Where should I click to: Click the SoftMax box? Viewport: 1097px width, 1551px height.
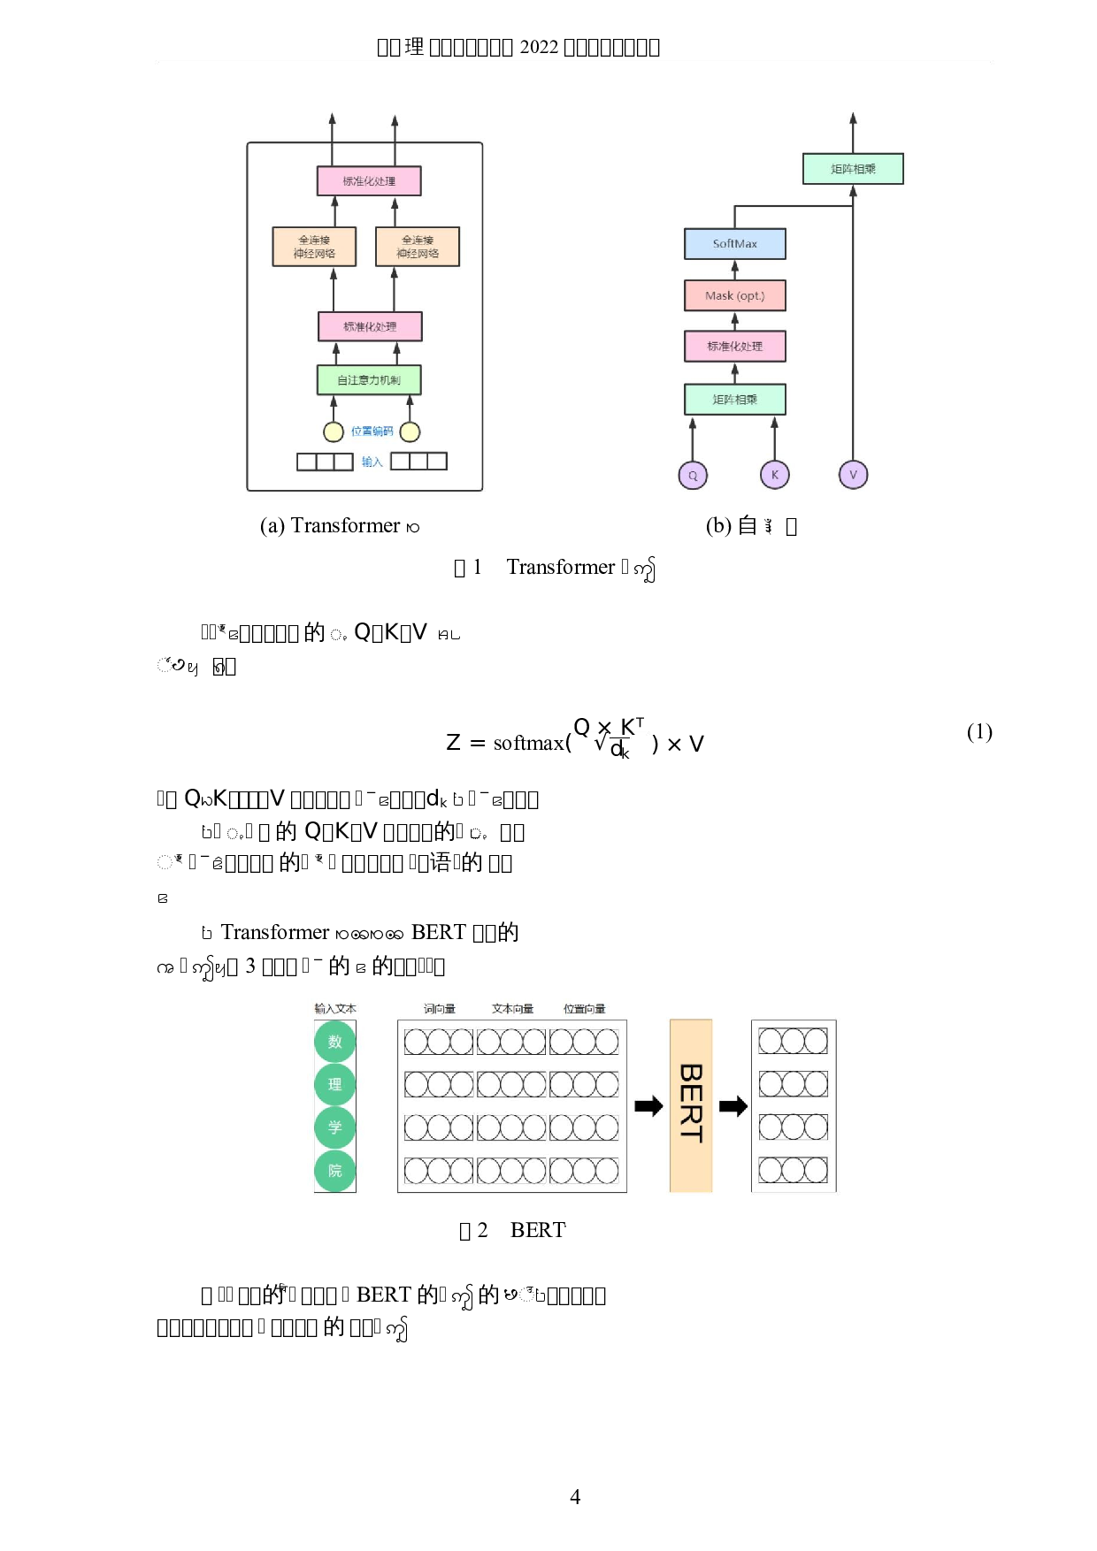click(x=734, y=244)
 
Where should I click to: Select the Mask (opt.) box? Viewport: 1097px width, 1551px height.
click(x=734, y=295)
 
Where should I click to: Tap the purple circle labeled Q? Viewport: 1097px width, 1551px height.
click(x=693, y=475)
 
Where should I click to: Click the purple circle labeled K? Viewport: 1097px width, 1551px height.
click(x=774, y=475)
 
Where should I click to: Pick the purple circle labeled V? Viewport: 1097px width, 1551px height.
click(x=853, y=475)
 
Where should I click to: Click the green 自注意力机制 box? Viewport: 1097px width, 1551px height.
click(x=369, y=380)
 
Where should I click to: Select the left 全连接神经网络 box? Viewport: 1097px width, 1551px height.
click(x=315, y=247)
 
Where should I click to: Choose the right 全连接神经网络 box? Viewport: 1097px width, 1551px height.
click(x=418, y=247)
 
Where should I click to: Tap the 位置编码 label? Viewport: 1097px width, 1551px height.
click(x=372, y=432)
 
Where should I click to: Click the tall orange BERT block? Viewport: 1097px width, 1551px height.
click(x=691, y=1105)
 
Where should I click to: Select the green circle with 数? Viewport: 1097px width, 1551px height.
click(x=334, y=1042)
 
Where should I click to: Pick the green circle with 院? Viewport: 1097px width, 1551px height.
click(x=334, y=1171)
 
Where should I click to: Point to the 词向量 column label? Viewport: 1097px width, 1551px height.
click(x=439, y=1009)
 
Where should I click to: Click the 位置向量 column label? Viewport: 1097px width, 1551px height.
click(x=584, y=1009)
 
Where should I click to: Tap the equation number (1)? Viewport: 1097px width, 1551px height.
click(x=978, y=732)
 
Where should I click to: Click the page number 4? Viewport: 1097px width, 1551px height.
click(x=575, y=1497)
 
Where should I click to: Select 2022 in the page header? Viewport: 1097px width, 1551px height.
click(x=539, y=48)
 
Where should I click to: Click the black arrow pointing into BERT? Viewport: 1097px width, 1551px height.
click(x=648, y=1106)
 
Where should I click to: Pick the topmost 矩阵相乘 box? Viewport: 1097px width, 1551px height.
click(x=853, y=169)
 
